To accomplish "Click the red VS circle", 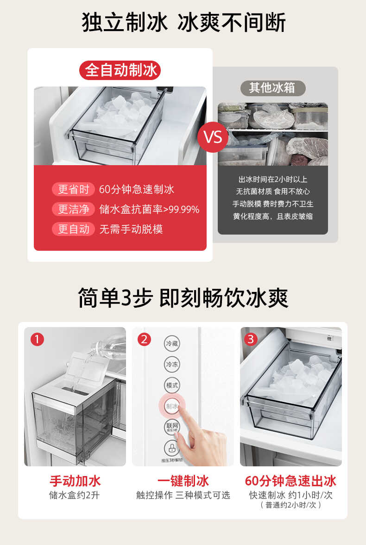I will click(213, 137).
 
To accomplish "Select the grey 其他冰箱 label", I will click(272, 88).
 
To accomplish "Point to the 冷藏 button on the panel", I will click(172, 344).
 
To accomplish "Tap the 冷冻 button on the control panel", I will click(172, 365).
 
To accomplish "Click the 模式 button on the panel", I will click(172, 385).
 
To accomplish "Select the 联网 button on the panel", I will click(172, 427).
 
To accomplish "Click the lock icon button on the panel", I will click(172, 447).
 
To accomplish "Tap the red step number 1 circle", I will click(37, 340).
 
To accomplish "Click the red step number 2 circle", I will click(144, 340).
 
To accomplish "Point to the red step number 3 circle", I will click(251, 340).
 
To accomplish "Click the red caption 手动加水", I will click(75, 481).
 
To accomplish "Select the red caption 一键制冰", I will click(183, 481).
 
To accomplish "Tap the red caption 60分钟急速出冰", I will click(290, 481).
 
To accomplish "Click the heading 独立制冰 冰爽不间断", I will click(183, 23).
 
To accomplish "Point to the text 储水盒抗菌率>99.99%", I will click(149, 210).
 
